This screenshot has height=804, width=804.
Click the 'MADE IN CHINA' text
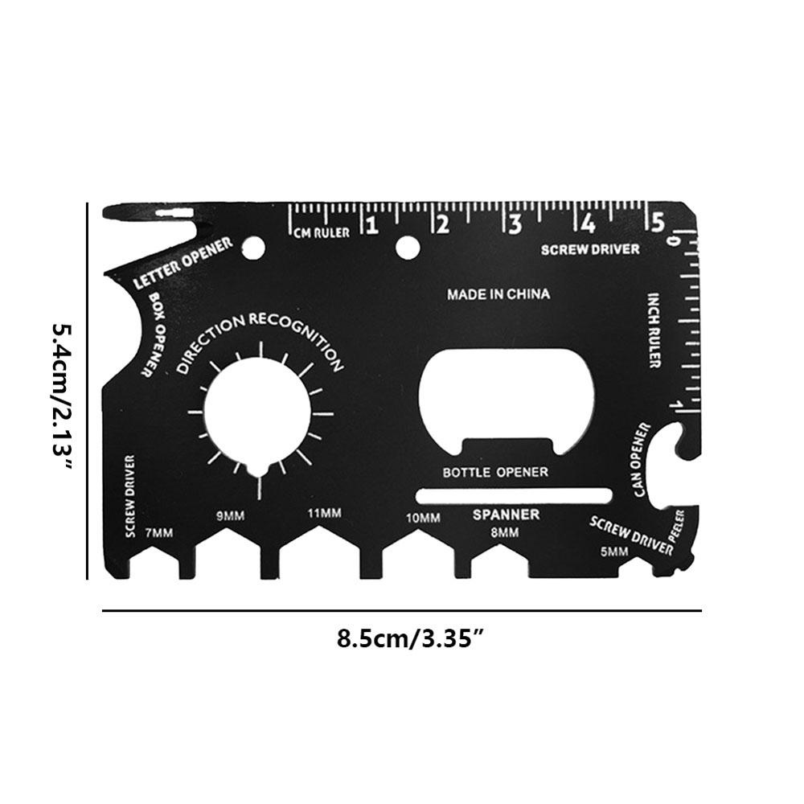point(498,294)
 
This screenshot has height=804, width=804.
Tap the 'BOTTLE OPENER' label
point(495,472)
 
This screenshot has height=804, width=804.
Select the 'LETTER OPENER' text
point(183,263)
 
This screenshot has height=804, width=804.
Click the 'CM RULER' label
point(322,233)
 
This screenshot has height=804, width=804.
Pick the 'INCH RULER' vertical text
point(654,330)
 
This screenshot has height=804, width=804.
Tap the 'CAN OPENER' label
point(641,460)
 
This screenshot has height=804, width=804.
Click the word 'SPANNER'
point(506,515)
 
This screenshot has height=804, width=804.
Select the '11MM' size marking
point(324,513)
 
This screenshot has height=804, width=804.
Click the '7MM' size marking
point(159,533)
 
